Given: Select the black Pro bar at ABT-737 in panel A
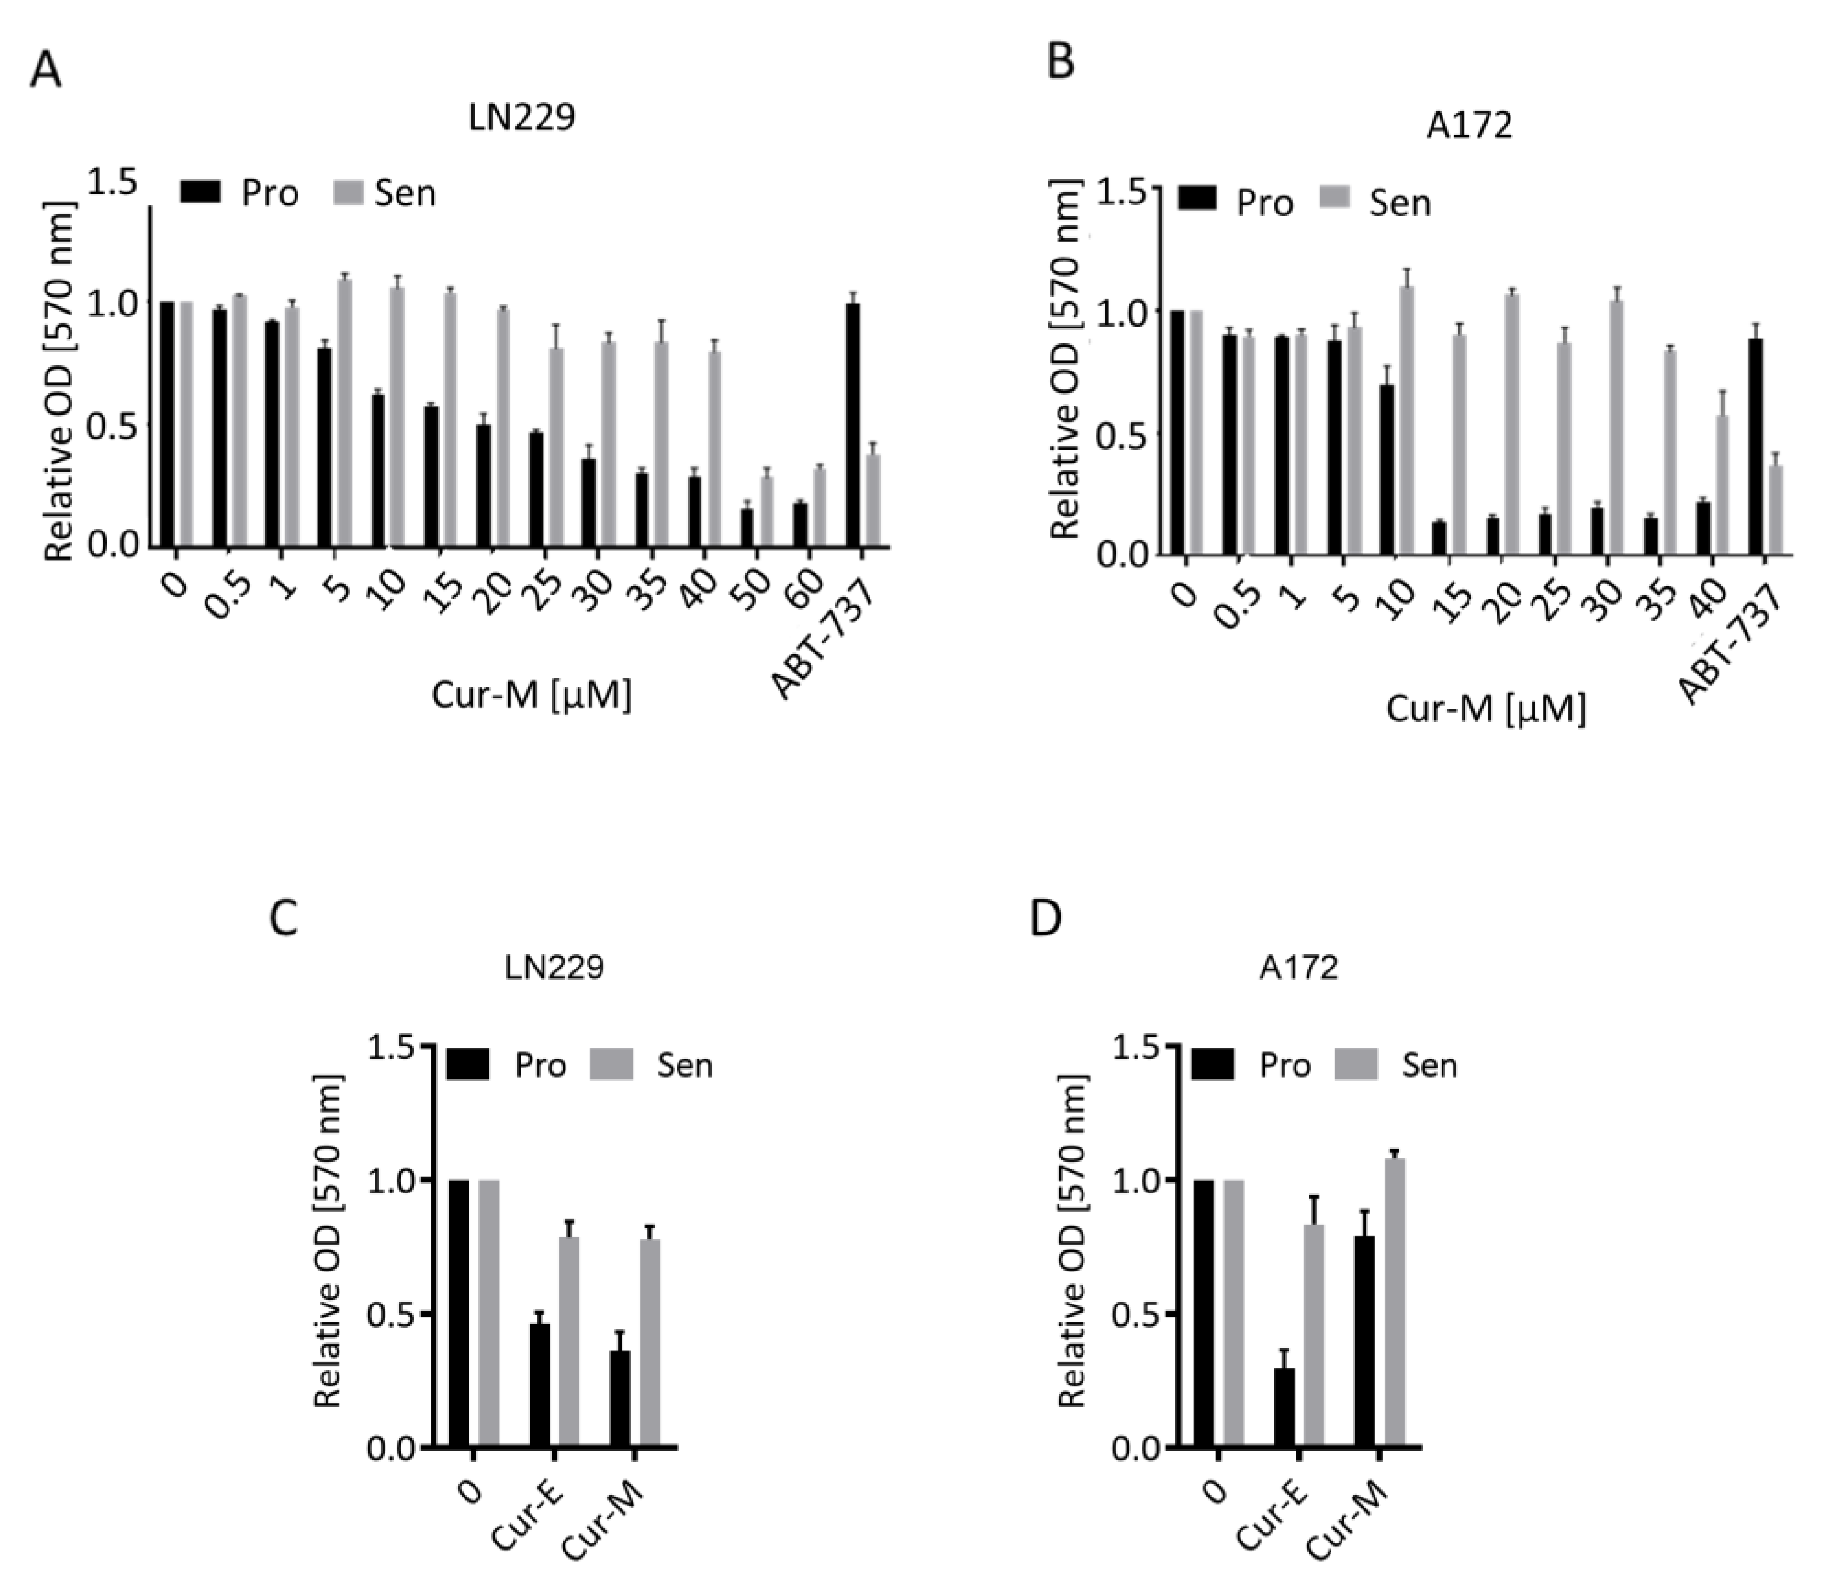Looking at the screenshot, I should [x=853, y=425].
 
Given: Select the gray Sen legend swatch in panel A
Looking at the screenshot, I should [x=349, y=192].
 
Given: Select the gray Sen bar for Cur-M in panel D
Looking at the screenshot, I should [x=1394, y=1303].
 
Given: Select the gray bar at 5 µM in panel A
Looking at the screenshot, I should [x=345, y=414].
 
